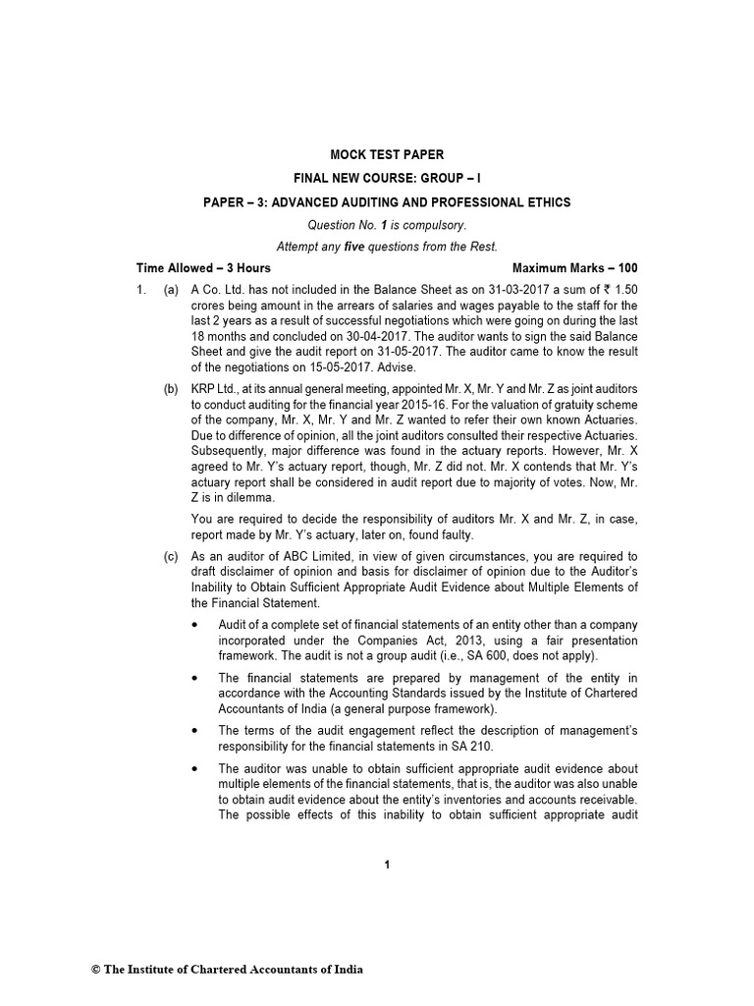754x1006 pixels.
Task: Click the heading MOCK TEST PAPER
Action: tap(386, 154)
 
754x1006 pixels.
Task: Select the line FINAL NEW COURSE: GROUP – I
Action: tap(387, 178)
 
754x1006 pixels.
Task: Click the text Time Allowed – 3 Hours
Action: tap(203, 267)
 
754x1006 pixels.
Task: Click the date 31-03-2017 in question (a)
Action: tap(492, 291)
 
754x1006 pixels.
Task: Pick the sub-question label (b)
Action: tap(171, 390)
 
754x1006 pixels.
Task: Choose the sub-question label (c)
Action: tap(171, 557)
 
